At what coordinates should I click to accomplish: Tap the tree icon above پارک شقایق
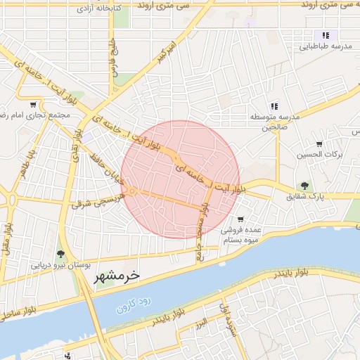point(305,186)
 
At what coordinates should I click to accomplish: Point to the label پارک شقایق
point(306,198)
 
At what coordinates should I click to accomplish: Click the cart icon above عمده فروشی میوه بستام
point(241,219)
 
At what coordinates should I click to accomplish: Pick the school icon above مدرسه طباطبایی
point(326,35)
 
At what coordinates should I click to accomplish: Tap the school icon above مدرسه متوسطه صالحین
point(273,105)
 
